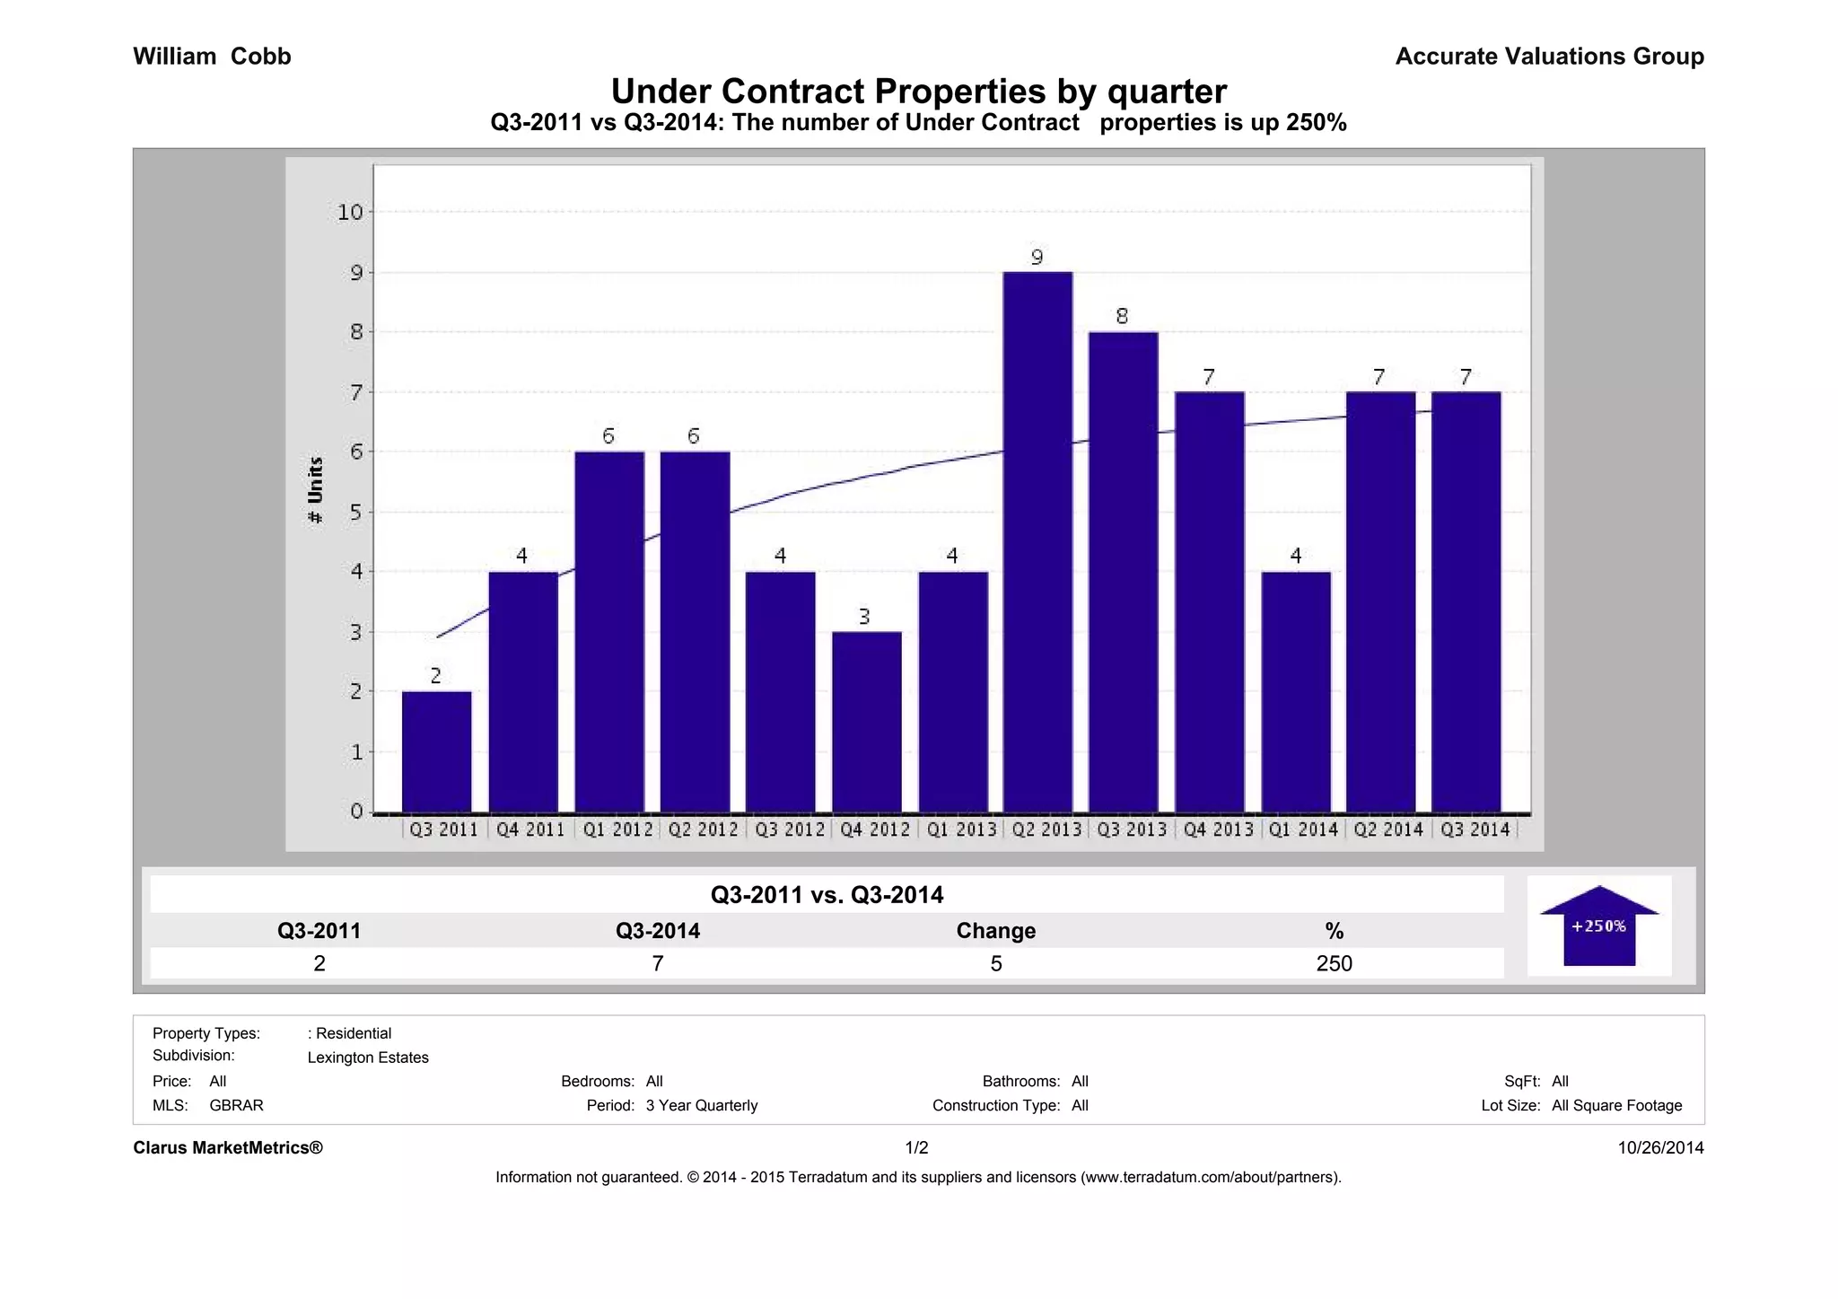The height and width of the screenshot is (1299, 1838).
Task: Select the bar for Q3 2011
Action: point(436,751)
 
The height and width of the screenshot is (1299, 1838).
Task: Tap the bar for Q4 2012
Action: point(866,722)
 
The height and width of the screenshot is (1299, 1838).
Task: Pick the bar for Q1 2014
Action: point(1295,691)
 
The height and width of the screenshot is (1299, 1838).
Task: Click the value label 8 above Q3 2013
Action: point(1122,316)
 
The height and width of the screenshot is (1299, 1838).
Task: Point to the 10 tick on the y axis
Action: point(350,213)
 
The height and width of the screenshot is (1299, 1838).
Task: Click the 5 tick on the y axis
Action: point(356,513)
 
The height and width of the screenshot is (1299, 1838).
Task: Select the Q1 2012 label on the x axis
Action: point(617,829)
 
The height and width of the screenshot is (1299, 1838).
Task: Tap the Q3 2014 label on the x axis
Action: point(1475,829)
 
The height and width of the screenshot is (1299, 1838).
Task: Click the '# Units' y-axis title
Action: point(315,490)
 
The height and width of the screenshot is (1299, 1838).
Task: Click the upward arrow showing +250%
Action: point(1599,926)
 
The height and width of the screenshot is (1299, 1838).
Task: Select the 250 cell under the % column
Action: point(1334,963)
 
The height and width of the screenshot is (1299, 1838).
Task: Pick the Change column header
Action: point(995,931)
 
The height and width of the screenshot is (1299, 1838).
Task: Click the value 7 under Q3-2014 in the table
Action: point(657,963)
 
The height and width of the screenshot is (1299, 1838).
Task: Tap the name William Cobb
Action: point(212,57)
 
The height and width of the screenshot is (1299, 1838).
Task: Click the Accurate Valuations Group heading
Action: point(1549,57)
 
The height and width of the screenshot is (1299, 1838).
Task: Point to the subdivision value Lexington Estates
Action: point(368,1058)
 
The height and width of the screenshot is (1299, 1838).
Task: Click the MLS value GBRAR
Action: point(236,1105)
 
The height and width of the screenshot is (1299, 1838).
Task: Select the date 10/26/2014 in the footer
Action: point(1660,1147)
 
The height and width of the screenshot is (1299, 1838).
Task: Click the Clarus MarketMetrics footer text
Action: point(228,1147)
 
